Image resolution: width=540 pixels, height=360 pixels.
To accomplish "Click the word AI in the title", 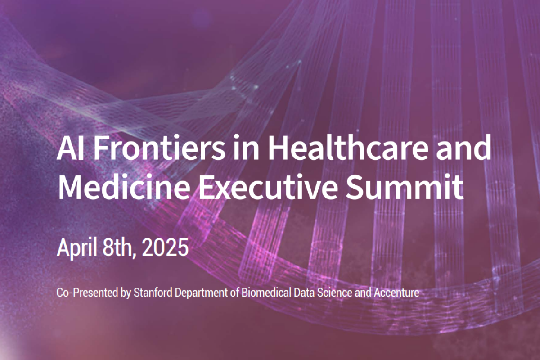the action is coord(70,148).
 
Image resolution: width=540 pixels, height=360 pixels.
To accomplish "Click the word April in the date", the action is coord(77,247).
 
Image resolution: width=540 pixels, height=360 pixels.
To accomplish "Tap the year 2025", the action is coord(165,247).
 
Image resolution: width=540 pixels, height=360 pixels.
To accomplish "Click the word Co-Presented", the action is coord(87,293).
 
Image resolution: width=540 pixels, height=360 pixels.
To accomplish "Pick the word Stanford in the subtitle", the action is coord(153,292).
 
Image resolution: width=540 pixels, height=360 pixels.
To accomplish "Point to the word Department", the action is coord(201,293).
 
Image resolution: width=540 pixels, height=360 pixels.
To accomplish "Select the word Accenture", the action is coord(396,293).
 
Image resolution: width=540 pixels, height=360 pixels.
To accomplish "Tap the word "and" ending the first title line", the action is coord(463,147).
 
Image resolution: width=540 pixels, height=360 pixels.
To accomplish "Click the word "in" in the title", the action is coord(246,148).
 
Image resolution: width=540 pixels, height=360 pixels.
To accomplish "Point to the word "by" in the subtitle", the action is coord(126,293).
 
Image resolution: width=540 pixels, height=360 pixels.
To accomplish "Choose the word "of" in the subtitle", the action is coord(234,292).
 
